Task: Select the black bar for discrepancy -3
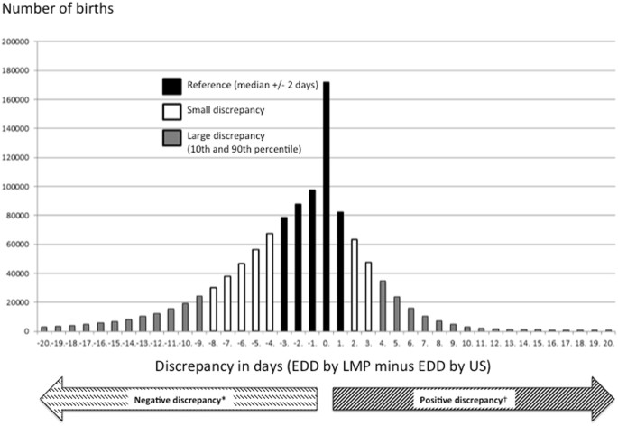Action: point(283,274)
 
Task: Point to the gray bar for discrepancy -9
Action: point(198,313)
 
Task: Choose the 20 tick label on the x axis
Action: point(608,344)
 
